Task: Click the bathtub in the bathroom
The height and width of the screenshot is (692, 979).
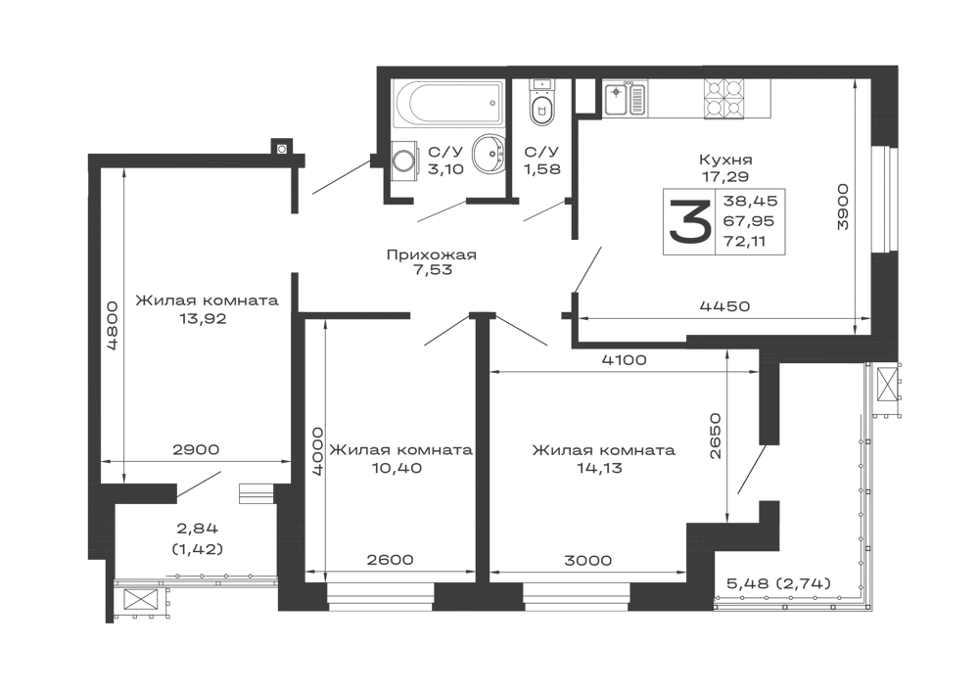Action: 444,102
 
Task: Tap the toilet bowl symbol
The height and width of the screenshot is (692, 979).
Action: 539,104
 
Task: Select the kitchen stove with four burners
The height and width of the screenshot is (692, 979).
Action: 727,96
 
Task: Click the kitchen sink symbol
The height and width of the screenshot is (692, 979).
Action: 618,96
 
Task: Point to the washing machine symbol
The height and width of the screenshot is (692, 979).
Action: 404,161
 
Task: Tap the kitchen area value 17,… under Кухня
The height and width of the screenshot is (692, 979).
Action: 725,176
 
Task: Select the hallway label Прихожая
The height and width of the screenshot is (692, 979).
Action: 431,256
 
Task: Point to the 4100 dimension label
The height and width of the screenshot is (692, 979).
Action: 624,360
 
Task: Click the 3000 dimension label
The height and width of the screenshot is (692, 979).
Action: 587,561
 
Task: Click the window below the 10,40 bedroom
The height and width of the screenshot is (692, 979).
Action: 378,592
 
